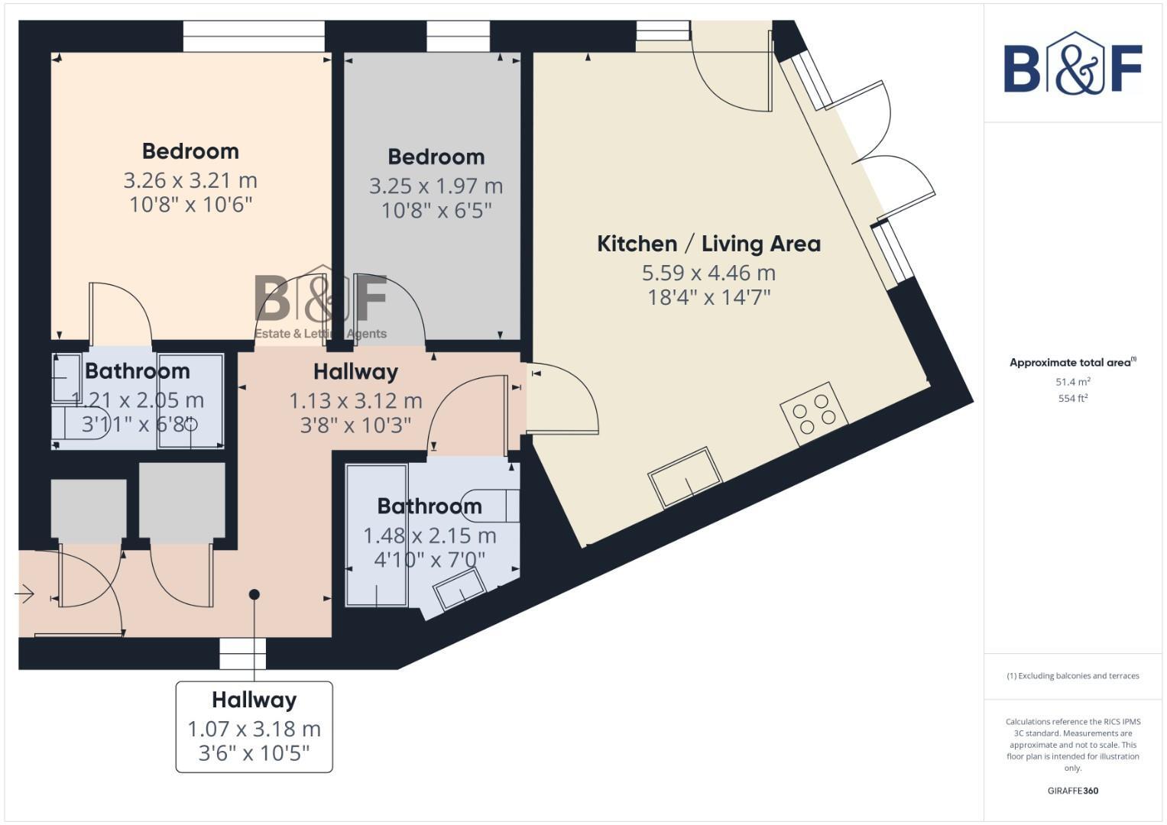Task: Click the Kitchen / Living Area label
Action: click(x=708, y=244)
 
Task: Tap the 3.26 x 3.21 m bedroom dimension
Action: click(x=190, y=181)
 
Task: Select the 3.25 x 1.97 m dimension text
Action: click(x=436, y=186)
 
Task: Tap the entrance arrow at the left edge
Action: click(x=24, y=594)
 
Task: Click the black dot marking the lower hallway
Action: click(x=254, y=594)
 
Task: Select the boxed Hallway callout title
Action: click(x=254, y=700)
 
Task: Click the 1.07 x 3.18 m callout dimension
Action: click(x=254, y=730)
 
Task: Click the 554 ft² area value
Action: click(x=1072, y=398)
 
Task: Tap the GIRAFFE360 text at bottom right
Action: click(x=1072, y=791)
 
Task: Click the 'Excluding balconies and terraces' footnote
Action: click(x=1072, y=676)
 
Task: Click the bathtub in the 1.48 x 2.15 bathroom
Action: click(x=377, y=535)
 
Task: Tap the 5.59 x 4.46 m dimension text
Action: click(x=708, y=273)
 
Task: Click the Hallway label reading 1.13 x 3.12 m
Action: click(x=355, y=372)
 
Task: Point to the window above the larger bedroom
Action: click(x=254, y=37)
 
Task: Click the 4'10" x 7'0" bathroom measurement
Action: click(x=430, y=561)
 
